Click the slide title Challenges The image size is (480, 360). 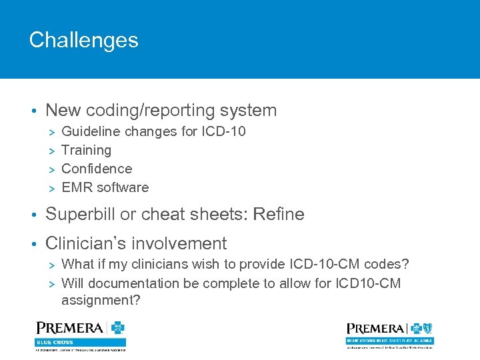coord(83,40)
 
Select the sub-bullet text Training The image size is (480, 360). coord(86,151)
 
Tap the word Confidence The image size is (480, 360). coord(97,169)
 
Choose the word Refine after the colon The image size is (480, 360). coord(279,215)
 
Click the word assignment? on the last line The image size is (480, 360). coord(101,301)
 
